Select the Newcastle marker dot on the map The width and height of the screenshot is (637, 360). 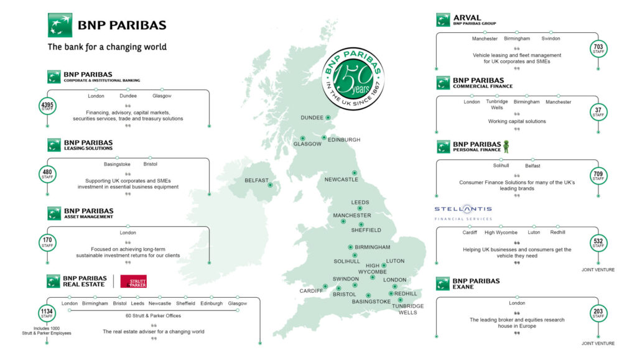pos(355,173)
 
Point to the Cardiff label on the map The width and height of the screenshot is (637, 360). pos(312,290)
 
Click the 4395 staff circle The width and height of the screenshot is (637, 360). pos(47,106)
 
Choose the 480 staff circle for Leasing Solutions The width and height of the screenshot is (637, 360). pos(47,173)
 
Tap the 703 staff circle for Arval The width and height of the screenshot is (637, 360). pos(598,48)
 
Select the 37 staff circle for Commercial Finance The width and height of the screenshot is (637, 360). pos(598,112)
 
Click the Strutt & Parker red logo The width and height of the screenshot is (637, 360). pos(133,281)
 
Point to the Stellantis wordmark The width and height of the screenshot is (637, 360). pos(463,209)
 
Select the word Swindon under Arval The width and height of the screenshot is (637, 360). pos(551,39)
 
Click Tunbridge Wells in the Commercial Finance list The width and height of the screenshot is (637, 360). pos(496,104)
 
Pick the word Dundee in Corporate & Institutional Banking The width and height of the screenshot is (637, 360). pos(129,96)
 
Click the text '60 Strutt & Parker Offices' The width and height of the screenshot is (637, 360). pos(152,316)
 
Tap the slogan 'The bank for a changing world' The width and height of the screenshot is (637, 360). pos(107,47)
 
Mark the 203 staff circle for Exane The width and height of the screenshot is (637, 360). pos(598,313)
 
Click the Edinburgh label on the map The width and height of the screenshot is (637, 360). pos(343,140)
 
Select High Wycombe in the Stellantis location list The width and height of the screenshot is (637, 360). pos(501,233)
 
